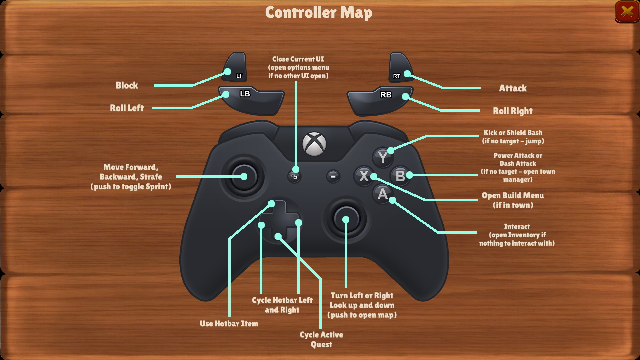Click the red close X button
627,12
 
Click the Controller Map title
319,13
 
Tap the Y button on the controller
383,157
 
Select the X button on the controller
364,176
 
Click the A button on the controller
382,194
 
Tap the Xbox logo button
314,144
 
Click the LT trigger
236,68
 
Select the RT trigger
400,68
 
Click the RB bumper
380,100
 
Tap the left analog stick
244,177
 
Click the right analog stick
346,219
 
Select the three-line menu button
333,176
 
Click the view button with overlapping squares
294,176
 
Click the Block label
127,85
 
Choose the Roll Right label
512,111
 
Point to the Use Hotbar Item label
229,324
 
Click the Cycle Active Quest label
321,339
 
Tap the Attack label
512,88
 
